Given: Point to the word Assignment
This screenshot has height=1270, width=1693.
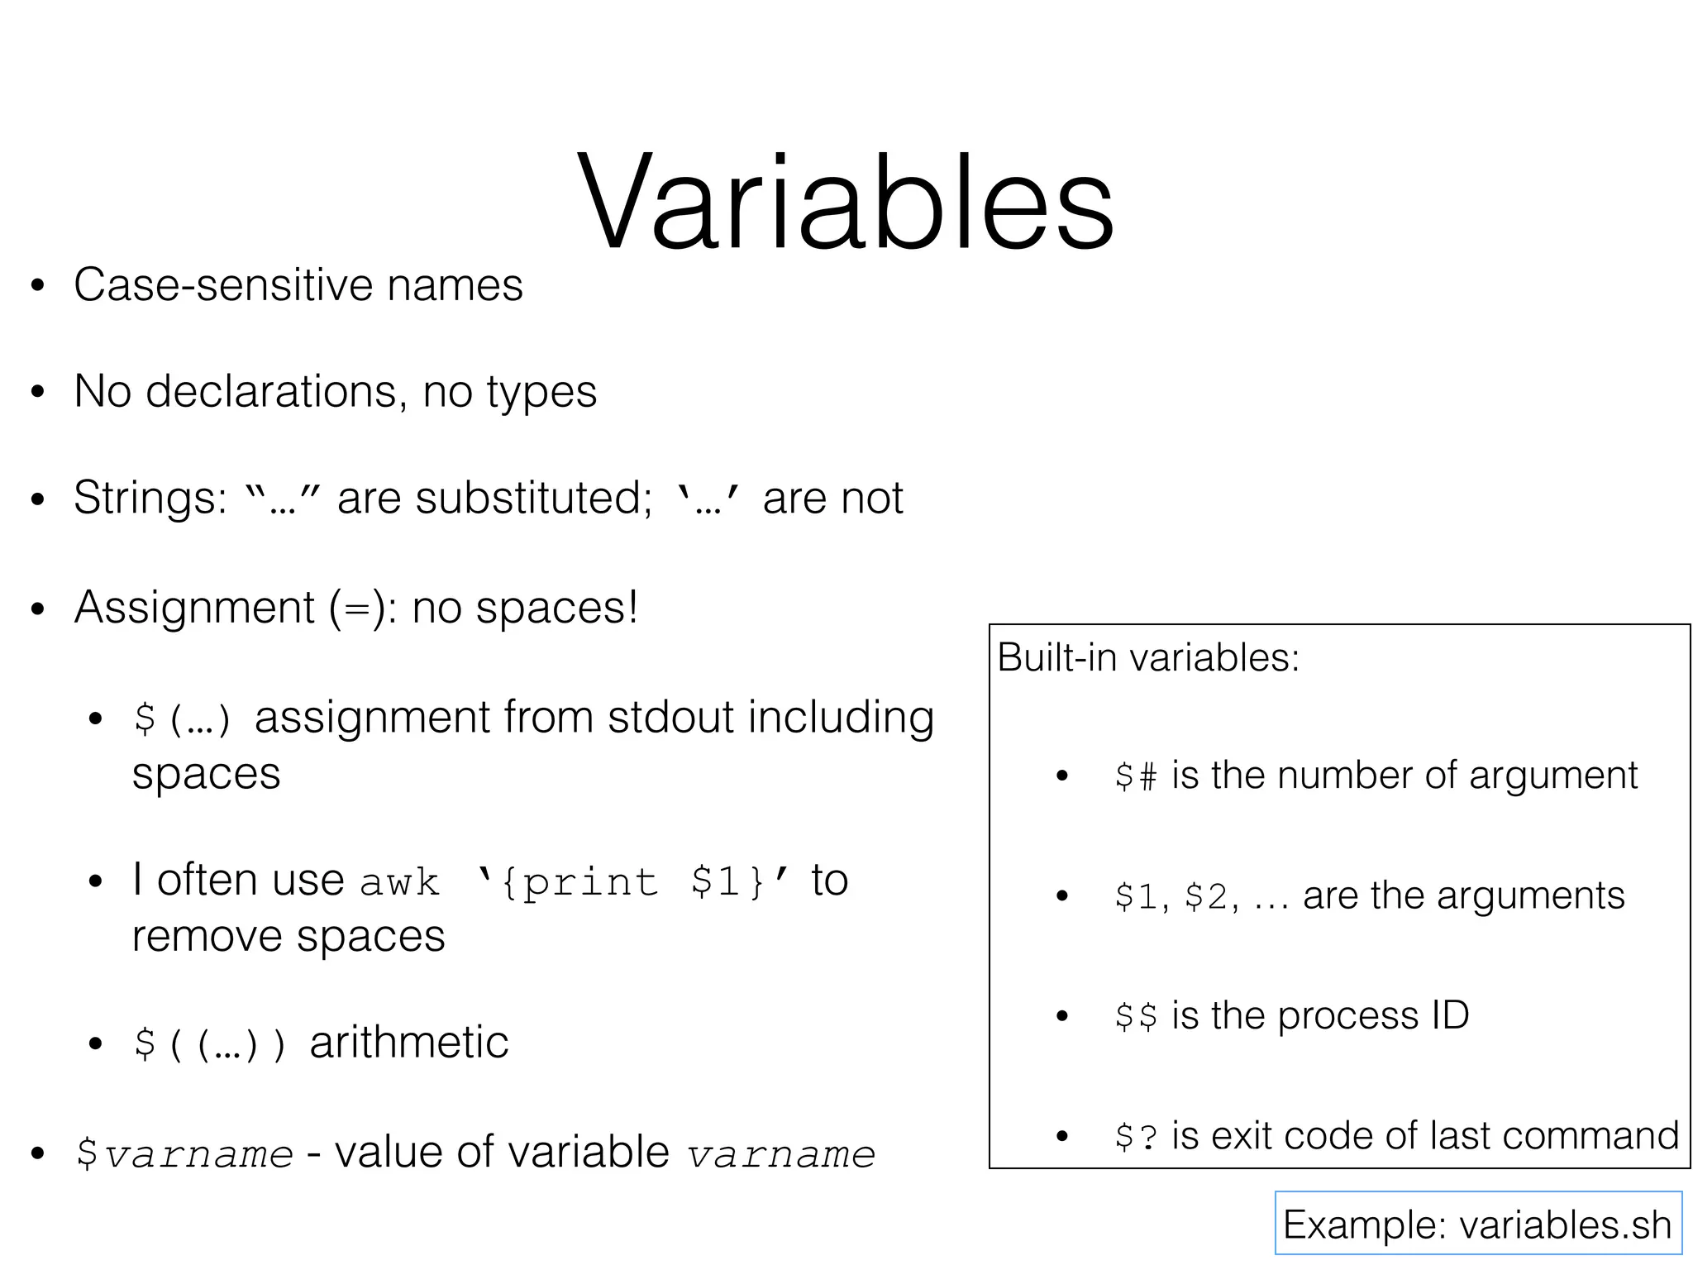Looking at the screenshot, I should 194,608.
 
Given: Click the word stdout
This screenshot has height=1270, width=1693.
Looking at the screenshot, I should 670,717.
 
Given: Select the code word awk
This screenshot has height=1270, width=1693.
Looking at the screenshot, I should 400,882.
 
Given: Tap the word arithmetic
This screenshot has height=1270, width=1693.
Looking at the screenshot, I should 409,1043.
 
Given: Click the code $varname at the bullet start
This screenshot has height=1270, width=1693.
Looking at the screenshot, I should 184,1154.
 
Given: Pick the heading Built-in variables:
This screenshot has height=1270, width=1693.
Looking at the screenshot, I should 1148,658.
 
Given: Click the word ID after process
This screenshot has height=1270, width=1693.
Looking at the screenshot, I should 1449,1015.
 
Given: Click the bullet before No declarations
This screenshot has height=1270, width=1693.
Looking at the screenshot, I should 36,393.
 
